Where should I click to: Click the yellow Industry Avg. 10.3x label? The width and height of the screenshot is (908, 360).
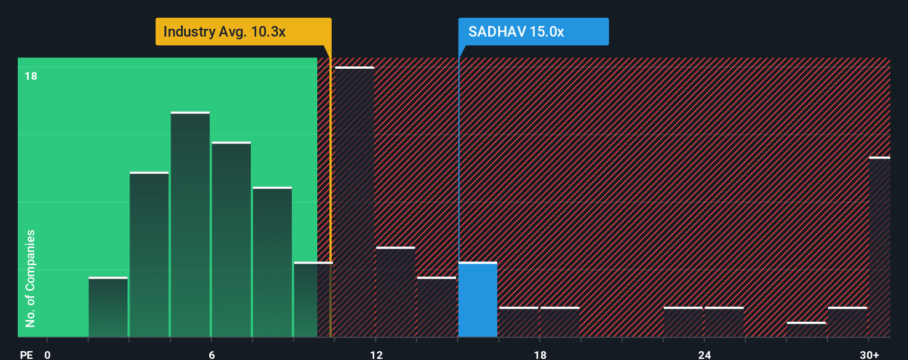[243, 32]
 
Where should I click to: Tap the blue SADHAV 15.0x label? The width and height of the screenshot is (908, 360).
[534, 32]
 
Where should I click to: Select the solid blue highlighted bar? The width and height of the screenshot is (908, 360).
[478, 300]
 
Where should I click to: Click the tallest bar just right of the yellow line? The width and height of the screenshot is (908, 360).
[354, 202]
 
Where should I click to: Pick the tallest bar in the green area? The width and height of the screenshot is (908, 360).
[190, 225]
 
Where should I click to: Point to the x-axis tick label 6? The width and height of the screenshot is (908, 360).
[211, 355]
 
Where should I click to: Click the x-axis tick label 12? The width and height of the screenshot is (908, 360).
[376, 355]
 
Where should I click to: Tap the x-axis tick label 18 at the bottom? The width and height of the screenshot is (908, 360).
[540, 355]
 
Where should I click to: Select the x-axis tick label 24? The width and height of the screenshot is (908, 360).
[704, 355]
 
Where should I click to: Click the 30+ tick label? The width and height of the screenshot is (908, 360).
[869, 355]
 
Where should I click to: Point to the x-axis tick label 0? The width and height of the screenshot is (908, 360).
[48, 355]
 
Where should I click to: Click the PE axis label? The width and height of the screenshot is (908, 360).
[27, 355]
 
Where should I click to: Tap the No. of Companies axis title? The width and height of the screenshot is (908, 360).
[30, 279]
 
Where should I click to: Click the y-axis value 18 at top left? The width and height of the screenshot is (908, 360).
[31, 76]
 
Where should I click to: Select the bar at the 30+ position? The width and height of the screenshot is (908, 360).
[880, 247]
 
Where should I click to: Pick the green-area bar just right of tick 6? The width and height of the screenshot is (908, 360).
[231, 240]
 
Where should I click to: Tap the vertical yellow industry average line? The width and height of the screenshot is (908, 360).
[331, 191]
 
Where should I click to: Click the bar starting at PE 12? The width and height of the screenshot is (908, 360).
[396, 292]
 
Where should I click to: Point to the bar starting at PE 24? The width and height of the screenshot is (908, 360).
[724, 322]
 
